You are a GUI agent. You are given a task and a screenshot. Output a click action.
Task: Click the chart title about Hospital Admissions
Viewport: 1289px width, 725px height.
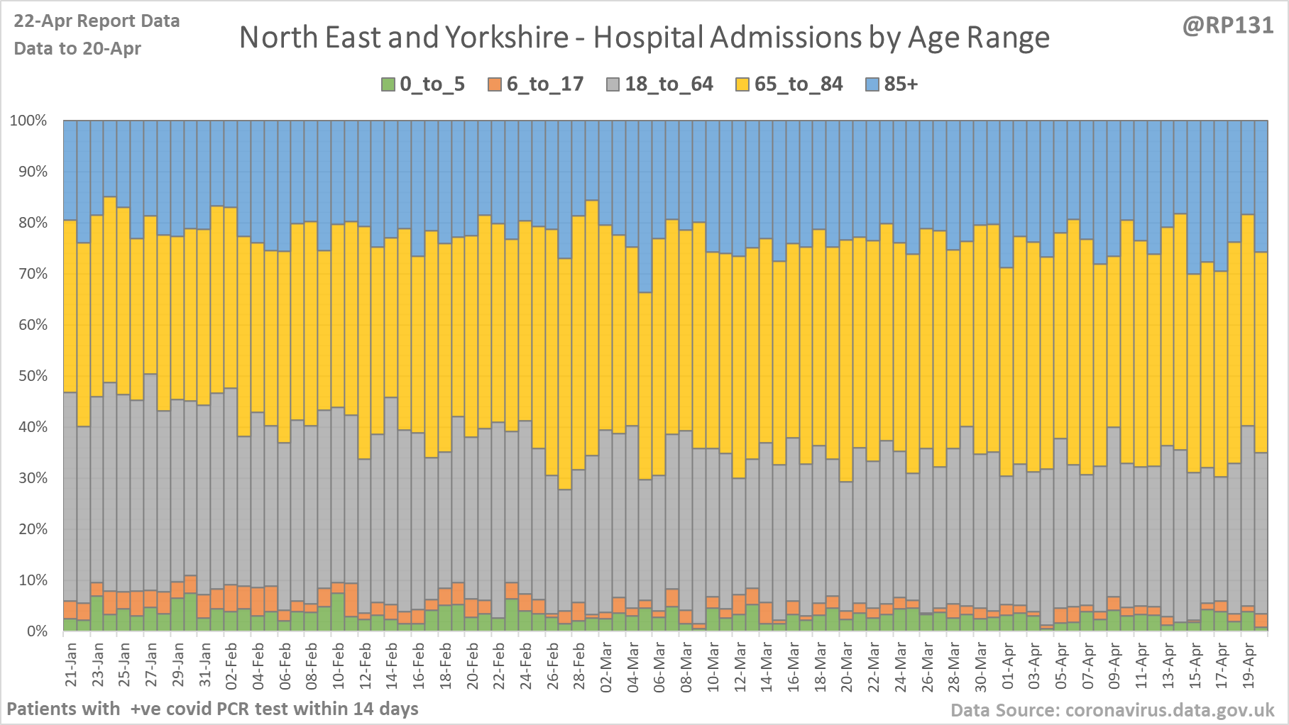(x=644, y=38)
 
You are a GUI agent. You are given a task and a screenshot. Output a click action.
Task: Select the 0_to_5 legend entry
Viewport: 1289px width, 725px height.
(x=424, y=84)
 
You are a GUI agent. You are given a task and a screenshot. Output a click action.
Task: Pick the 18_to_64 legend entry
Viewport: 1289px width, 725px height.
(x=660, y=84)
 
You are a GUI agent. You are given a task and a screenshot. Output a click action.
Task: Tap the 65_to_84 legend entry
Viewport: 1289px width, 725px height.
(x=789, y=84)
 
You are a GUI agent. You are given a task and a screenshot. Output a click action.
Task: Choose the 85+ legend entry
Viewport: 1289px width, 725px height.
(x=892, y=84)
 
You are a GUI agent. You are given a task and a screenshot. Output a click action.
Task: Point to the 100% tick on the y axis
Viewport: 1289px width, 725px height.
(x=28, y=121)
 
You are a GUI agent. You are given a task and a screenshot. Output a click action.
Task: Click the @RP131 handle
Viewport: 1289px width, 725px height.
(x=1228, y=26)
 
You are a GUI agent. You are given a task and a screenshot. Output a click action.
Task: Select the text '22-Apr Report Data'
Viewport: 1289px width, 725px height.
(x=97, y=21)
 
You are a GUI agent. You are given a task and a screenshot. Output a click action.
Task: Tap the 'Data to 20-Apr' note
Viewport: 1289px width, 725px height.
(x=77, y=49)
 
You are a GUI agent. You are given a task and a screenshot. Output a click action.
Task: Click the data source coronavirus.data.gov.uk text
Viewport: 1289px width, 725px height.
(x=1112, y=710)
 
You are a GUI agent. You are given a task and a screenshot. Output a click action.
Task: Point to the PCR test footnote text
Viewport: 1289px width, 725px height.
(x=212, y=709)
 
